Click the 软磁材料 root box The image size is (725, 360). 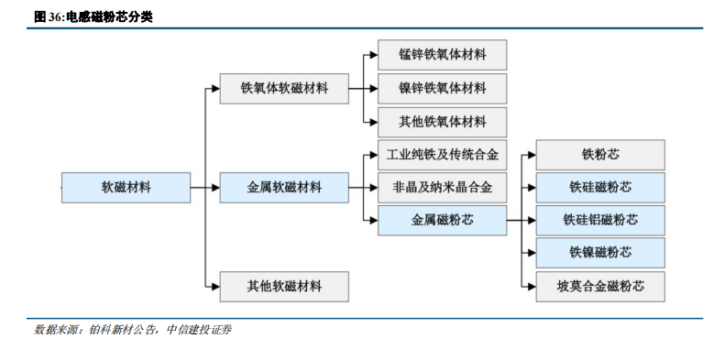click(x=126, y=187)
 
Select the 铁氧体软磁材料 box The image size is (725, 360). click(x=284, y=89)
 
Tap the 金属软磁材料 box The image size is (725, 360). click(x=284, y=187)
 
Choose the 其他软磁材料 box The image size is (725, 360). click(x=284, y=287)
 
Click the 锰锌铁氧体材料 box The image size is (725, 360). click(x=442, y=55)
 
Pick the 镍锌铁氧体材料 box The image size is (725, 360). click(x=442, y=89)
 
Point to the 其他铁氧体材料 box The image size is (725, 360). click(x=442, y=122)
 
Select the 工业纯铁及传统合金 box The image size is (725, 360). click(x=442, y=154)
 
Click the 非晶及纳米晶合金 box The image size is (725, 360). click(x=442, y=187)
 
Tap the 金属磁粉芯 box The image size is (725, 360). click(x=442, y=220)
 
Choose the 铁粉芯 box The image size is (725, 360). click(x=600, y=154)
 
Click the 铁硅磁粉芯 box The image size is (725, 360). click(x=600, y=187)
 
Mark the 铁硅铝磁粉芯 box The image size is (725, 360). click(x=600, y=220)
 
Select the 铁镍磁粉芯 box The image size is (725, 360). click(x=600, y=253)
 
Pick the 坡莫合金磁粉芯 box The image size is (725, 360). click(x=600, y=287)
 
